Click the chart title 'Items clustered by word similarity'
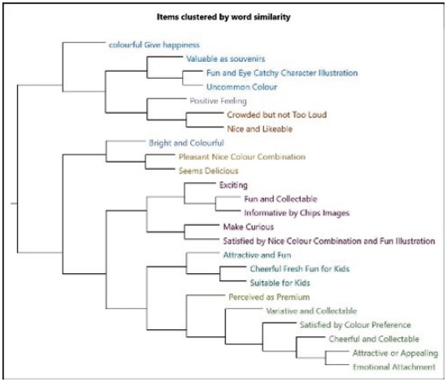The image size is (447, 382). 223,17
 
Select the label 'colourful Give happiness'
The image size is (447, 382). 154,45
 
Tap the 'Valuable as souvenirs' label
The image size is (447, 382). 225,59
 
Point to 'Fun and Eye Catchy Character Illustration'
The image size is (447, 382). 282,73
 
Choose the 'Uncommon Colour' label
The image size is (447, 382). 241,87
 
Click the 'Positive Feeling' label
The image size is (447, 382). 218,102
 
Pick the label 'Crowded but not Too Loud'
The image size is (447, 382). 277,115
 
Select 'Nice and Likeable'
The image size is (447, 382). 260,129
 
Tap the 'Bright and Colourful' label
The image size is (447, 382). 186,143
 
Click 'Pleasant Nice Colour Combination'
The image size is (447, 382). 242,157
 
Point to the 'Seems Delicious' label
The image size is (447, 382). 208,171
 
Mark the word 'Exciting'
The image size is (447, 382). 233,185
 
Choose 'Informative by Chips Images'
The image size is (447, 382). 297,213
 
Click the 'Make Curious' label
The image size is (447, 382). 249,227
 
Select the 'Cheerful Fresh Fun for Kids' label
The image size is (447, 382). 300,269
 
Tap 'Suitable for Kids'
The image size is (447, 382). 280,283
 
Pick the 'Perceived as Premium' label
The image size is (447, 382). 269,297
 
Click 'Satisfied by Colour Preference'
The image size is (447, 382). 355,325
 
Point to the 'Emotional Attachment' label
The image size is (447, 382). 394,367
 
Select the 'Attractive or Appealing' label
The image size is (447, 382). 396,354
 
